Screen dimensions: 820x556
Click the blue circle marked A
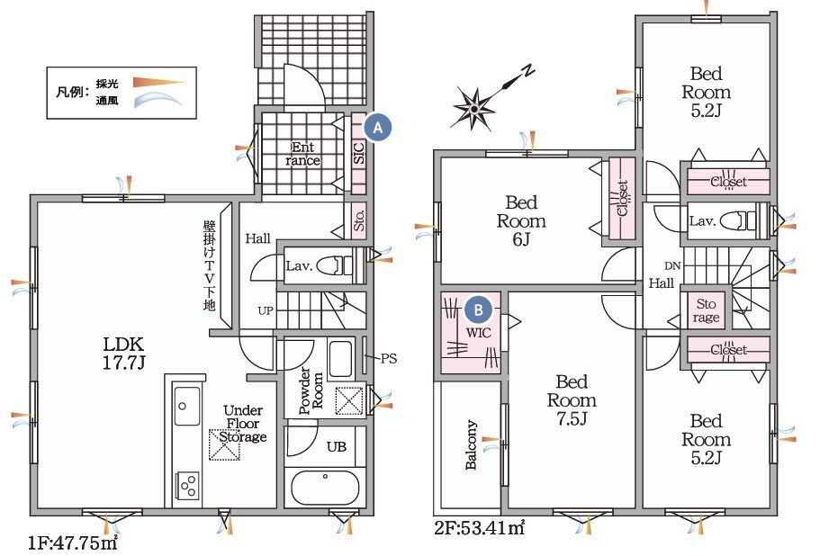click(x=377, y=127)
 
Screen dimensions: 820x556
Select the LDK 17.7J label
click(x=123, y=354)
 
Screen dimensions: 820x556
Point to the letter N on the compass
click(x=528, y=70)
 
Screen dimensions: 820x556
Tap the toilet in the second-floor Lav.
click(x=738, y=220)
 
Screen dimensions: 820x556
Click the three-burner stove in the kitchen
click(x=188, y=486)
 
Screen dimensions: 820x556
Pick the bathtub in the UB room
click(x=325, y=488)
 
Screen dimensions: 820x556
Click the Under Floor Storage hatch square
click(x=225, y=444)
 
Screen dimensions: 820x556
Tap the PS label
click(x=389, y=358)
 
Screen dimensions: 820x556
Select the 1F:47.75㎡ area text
click(x=73, y=543)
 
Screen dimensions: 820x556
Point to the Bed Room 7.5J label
click(x=572, y=400)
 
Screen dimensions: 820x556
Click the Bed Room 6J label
click(x=521, y=220)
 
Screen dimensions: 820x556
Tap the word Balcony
click(x=471, y=444)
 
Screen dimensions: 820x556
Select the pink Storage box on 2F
click(x=706, y=310)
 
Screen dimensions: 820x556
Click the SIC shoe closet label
click(x=359, y=153)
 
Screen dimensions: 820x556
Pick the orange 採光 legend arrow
click(x=159, y=82)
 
